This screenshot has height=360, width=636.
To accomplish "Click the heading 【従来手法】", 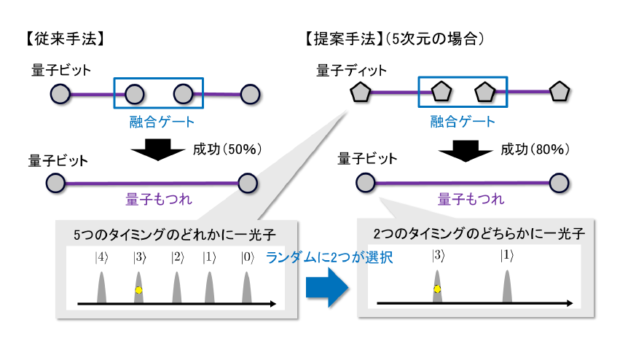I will click(66, 36).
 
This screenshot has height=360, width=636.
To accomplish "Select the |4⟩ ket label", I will click(101, 257).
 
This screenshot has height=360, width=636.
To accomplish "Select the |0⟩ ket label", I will click(247, 257).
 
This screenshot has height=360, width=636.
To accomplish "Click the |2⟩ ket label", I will click(176, 257).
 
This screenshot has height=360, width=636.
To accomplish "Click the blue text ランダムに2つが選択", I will click(329, 257).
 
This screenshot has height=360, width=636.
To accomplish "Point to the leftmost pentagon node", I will click(359, 93).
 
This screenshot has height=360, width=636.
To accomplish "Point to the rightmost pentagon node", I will click(560, 92).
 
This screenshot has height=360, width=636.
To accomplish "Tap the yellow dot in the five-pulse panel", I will click(138, 289).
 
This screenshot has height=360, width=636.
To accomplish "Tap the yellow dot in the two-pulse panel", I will click(437, 289).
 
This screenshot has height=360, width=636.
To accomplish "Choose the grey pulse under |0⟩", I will click(247, 287).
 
